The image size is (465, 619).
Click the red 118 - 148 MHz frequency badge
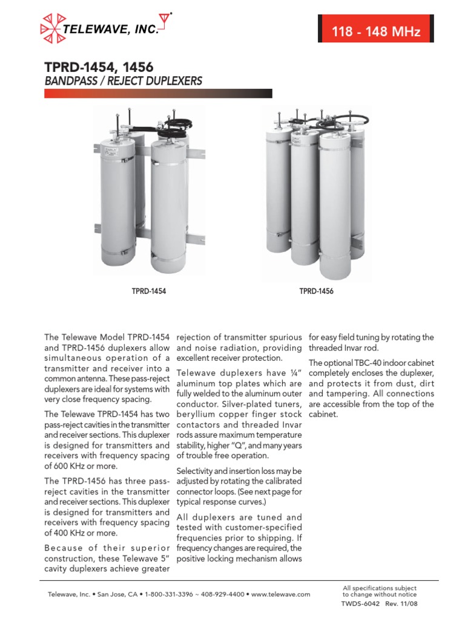pyautogui.click(x=375, y=32)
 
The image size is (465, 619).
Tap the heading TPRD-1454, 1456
pyautogui.click(x=99, y=67)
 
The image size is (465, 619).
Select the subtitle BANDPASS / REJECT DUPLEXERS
pyautogui.click(x=123, y=81)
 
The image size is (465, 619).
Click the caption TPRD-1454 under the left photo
pyautogui.click(x=149, y=291)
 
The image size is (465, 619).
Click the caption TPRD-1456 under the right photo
pyautogui.click(x=316, y=291)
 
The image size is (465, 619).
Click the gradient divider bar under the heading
pyautogui.click(x=158, y=94)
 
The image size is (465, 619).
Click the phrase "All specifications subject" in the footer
pyautogui.click(x=379, y=588)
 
